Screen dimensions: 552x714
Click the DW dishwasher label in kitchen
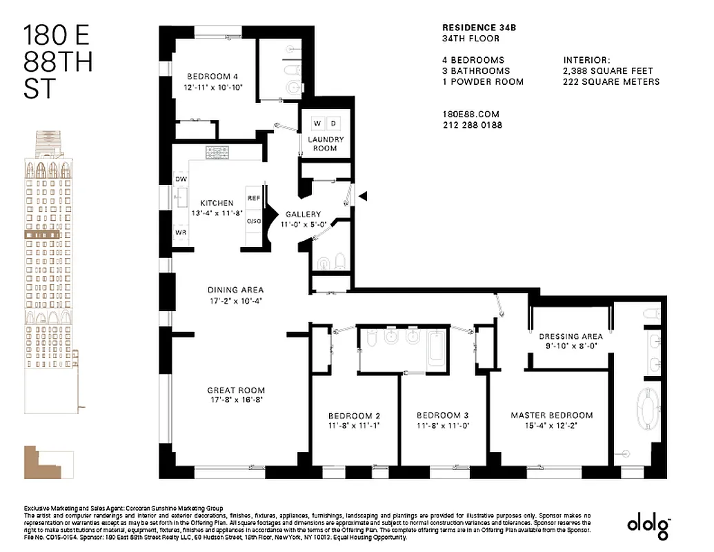pos(181,179)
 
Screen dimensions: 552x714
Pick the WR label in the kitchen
pos(181,233)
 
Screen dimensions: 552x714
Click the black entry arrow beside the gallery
pos(364,197)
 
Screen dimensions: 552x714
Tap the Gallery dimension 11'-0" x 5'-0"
pos(303,224)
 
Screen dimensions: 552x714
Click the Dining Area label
pos(235,290)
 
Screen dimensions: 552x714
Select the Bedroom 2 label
pos(354,415)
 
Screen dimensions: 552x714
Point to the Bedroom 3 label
pos(442,415)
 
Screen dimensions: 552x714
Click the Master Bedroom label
pos(551,415)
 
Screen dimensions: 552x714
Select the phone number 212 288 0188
pos(472,126)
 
